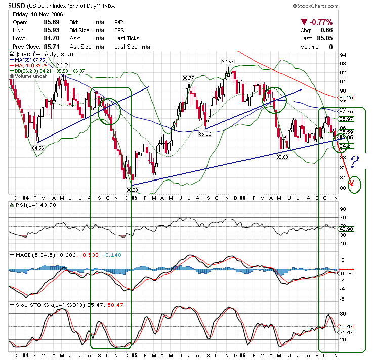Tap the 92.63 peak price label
click(227, 61)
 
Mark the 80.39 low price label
click(132, 190)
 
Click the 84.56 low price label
click(38, 148)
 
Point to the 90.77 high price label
click(188, 78)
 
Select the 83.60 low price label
click(282, 157)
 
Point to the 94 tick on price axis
click(343, 55)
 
